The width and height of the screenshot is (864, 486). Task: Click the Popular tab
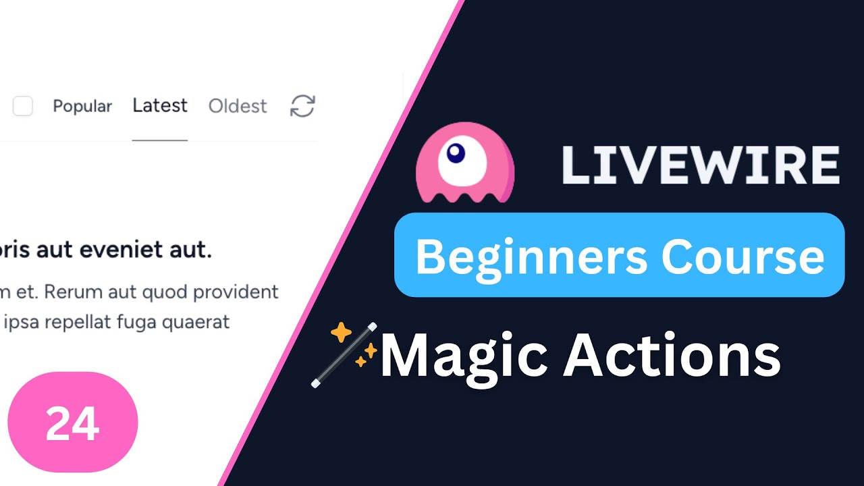tap(82, 107)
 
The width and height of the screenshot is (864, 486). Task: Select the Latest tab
tap(160, 106)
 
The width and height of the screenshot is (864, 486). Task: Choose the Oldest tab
tap(238, 107)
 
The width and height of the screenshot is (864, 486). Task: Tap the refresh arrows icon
tap(302, 106)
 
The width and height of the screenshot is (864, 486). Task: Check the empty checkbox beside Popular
tap(23, 106)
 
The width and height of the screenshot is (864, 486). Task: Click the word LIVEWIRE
tap(701, 165)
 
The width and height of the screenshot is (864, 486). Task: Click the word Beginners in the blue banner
tap(532, 256)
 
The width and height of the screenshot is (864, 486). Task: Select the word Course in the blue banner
tap(742, 256)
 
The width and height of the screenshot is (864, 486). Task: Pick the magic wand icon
tap(344, 355)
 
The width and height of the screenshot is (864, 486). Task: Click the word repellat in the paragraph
tap(77, 322)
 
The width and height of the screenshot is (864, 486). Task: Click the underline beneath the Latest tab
tap(160, 140)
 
